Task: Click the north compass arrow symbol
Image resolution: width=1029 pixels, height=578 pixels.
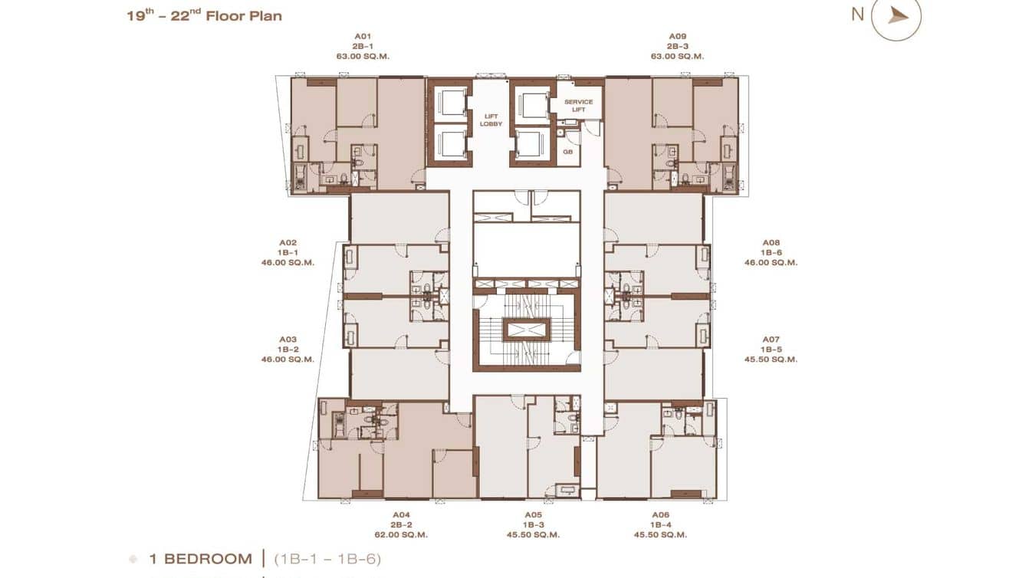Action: point(898,16)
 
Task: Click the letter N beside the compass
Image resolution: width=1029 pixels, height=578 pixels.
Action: point(857,14)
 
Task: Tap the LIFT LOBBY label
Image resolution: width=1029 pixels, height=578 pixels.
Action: point(491,120)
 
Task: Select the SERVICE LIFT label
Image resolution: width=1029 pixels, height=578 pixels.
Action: point(579,106)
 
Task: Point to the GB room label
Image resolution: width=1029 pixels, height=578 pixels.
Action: point(568,152)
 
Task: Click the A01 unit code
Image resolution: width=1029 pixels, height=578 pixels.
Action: point(363,36)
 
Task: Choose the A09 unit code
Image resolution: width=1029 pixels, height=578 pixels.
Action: point(677,36)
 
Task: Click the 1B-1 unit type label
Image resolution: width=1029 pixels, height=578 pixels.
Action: point(288,252)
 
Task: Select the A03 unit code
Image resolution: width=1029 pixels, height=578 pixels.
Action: point(288,339)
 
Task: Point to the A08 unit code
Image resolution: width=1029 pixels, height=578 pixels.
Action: point(771,242)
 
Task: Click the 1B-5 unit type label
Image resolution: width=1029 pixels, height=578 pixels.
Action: point(771,349)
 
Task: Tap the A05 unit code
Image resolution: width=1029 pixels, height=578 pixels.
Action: point(533,514)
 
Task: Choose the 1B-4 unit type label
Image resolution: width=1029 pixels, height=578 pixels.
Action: point(660,524)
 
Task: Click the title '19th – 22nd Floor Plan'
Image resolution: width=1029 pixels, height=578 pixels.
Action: point(204,15)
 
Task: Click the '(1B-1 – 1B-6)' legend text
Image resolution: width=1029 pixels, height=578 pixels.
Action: point(327,559)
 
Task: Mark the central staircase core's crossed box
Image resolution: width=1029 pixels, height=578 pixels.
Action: point(526,330)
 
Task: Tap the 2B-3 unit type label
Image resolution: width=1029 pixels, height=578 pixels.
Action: point(677,46)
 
